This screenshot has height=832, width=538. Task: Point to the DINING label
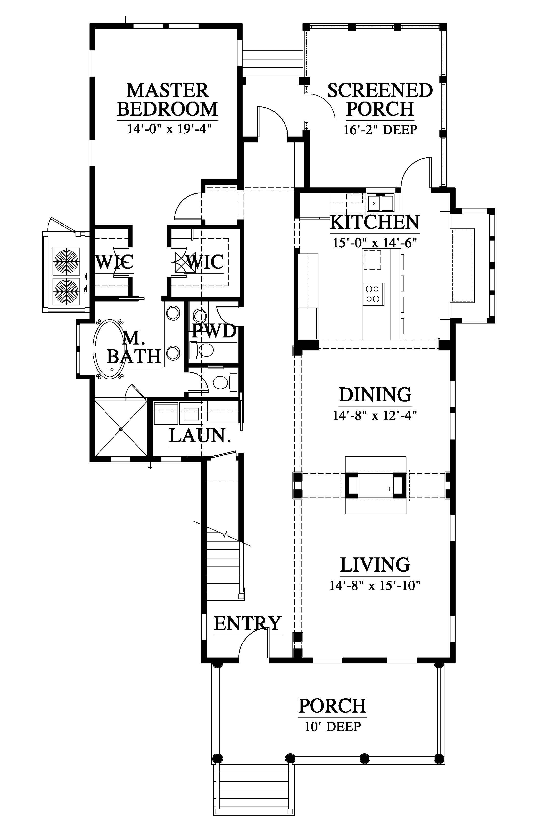click(x=375, y=394)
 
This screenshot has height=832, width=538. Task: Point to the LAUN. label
click(x=201, y=436)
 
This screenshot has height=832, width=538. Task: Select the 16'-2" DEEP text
click(x=380, y=130)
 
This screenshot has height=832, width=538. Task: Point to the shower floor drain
click(x=121, y=428)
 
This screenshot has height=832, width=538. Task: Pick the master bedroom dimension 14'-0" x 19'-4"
click(x=170, y=129)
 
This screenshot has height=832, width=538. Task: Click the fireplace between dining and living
click(x=376, y=485)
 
